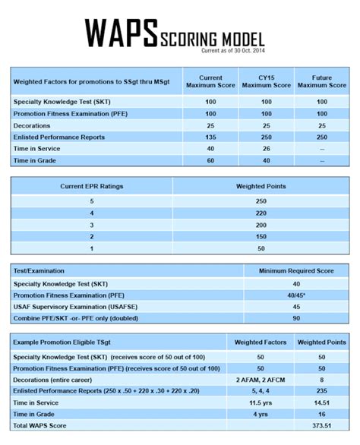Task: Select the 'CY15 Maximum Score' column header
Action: (266, 81)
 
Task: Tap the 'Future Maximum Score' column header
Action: (322, 81)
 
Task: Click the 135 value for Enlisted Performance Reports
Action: (210, 137)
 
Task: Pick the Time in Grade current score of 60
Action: (210, 160)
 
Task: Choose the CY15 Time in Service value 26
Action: (266, 149)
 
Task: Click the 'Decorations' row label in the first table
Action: (36, 125)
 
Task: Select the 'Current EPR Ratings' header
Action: (92, 186)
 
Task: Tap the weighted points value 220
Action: (260, 213)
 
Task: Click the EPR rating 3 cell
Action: (92, 226)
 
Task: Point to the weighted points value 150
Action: (260, 237)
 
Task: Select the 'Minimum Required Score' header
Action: (296, 270)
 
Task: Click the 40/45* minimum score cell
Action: (296, 295)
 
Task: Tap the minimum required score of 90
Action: (296, 318)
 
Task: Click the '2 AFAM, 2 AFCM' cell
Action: (260, 378)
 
